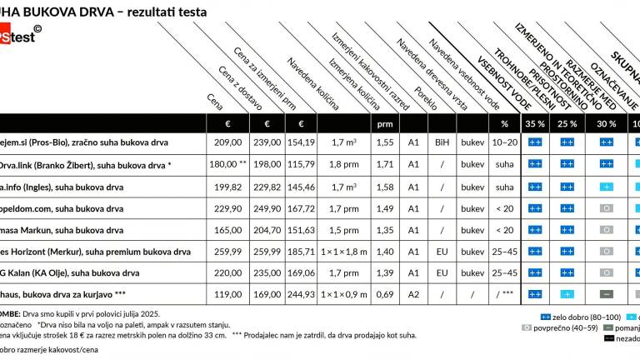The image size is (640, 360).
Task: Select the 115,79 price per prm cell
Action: coord(301,164)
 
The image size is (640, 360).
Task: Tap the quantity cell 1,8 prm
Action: coord(343,164)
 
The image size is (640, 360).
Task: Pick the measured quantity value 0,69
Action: coord(384,294)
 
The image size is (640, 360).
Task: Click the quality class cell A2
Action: coord(413,294)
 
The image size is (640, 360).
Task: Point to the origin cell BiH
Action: coord(442,142)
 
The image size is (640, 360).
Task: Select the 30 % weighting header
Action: coord(606,123)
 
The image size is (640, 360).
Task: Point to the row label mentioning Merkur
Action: coord(95,251)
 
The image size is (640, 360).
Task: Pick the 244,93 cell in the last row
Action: coord(301,294)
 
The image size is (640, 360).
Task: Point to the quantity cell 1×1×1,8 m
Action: coord(343,251)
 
